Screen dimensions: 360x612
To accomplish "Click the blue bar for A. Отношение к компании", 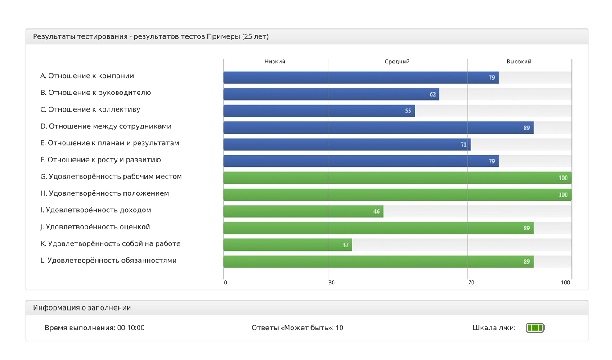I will pyautogui.click(x=360, y=77).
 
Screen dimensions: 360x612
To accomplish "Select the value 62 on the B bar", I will pyautogui.click(x=432, y=94).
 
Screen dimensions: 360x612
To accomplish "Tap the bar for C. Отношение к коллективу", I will pyautogui.click(x=319, y=111).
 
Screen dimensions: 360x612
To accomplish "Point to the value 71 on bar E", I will pyautogui.click(x=463, y=145).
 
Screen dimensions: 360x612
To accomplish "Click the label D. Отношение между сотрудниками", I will pyautogui.click(x=106, y=126).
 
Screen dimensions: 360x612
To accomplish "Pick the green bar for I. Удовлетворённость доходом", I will pyautogui.click(x=303, y=211).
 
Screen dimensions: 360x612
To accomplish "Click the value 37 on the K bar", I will pyautogui.click(x=346, y=245).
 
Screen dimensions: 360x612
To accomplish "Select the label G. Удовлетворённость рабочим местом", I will pyautogui.click(x=111, y=177).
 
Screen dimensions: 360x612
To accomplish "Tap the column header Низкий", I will pyautogui.click(x=275, y=62).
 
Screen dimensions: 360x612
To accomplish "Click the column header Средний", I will pyautogui.click(x=397, y=62).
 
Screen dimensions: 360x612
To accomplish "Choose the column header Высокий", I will pyautogui.click(x=518, y=62).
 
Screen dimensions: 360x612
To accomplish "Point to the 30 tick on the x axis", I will pyautogui.click(x=332, y=283).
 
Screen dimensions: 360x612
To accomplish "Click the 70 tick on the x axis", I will pyautogui.click(x=471, y=283).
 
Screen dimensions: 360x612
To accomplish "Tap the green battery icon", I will pyautogui.click(x=535, y=328).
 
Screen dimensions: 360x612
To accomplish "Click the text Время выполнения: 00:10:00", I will pyautogui.click(x=94, y=328).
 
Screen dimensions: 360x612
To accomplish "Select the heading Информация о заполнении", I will pyautogui.click(x=82, y=308).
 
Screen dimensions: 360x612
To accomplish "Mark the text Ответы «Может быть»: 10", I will pyautogui.click(x=297, y=328).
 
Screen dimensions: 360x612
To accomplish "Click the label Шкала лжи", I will pyautogui.click(x=494, y=328).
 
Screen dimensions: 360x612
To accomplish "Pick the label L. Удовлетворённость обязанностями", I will pyautogui.click(x=108, y=261).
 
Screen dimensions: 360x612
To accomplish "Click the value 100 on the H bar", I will pyautogui.click(x=562, y=195).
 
